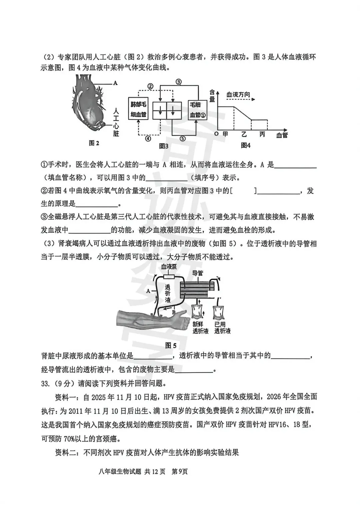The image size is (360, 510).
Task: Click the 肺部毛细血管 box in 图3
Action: (138, 109)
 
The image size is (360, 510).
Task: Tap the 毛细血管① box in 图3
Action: (197, 110)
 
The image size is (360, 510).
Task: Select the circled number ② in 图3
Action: (150, 86)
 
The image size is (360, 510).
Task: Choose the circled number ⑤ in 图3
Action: (182, 138)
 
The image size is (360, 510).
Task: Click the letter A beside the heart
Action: (116, 83)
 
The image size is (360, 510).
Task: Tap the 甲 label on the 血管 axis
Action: (225, 134)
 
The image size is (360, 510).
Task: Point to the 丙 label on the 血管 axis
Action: (262, 134)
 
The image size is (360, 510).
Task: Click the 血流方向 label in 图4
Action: (238, 95)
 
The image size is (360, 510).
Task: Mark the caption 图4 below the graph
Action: (246, 145)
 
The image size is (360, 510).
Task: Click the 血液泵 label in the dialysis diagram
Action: (169, 267)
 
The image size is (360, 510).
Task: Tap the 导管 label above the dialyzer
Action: (198, 273)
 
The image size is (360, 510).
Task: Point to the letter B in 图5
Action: (173, 312)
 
